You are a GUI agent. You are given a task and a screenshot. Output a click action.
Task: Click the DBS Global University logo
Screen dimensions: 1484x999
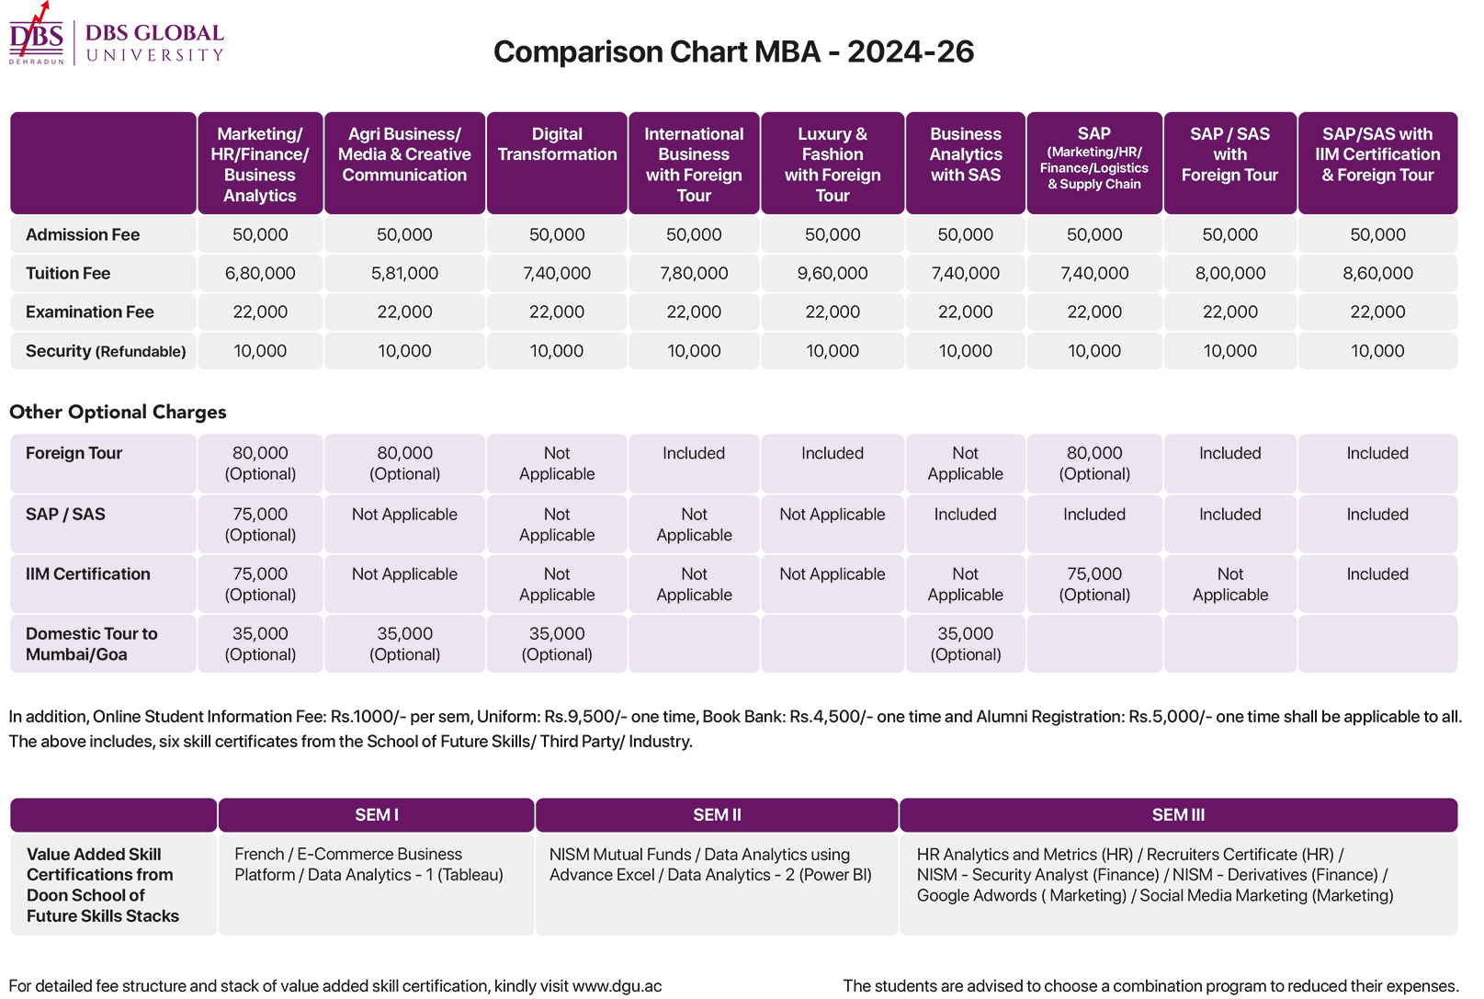[117, 34]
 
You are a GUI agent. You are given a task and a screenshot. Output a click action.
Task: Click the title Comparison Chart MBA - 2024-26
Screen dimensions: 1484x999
[733, 51]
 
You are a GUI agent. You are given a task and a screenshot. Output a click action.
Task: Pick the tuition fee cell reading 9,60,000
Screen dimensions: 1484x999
[833, 273]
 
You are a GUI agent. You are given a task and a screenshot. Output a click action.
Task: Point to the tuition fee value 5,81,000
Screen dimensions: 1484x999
[405, 273]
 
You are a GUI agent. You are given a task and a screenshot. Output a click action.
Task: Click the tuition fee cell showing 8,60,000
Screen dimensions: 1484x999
[1378, 273]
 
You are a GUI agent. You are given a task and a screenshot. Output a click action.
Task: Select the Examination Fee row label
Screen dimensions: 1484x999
[89, 312]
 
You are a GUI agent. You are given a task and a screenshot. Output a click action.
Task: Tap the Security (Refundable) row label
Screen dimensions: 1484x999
[106, 351]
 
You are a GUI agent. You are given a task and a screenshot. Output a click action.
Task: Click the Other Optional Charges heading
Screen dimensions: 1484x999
[118, 412]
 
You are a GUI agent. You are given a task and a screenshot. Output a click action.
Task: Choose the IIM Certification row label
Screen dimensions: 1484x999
[88, 573]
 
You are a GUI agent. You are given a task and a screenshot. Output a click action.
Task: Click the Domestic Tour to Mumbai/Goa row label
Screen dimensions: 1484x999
[91, 644]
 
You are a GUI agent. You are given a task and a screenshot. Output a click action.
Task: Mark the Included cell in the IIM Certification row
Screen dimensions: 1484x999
[1377, 573]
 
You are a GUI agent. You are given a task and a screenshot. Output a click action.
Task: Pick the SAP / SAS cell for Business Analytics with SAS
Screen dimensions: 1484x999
[965, 514]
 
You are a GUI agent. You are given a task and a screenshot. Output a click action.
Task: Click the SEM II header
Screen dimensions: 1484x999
[717, 815]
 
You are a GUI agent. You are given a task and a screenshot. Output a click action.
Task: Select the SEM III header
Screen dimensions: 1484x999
[1178, 815]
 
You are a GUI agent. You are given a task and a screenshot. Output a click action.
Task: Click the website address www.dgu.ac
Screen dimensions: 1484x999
[617, 986]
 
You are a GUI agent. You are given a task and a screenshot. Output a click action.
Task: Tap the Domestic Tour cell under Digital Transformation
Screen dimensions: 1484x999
[557, 644]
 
